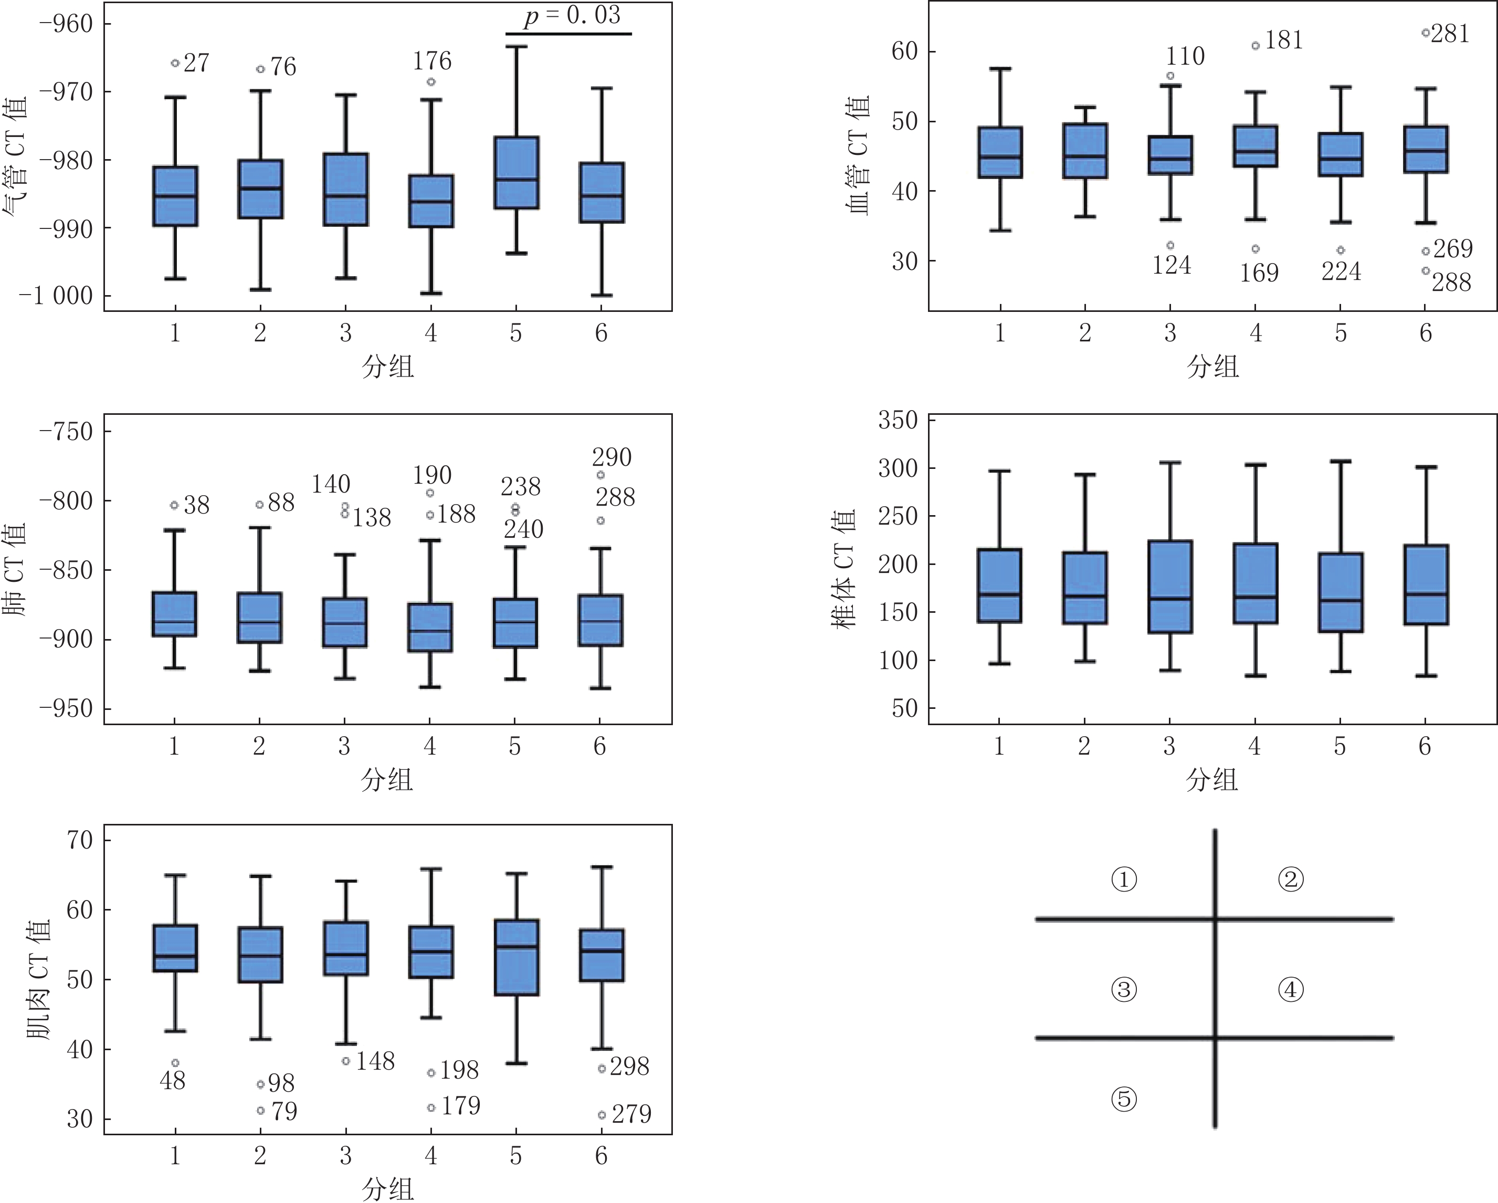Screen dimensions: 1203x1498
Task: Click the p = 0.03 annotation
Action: (572, 15)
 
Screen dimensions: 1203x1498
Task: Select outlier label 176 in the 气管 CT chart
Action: (432, 61)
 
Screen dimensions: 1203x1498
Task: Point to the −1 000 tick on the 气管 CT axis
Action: (56, 296)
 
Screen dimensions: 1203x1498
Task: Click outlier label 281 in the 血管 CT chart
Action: (1450, 34)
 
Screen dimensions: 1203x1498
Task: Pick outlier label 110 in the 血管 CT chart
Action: (1185, 56)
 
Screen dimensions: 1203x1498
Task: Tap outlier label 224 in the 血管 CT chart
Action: (1341, 271)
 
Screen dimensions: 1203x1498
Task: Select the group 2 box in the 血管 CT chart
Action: (1084, 151)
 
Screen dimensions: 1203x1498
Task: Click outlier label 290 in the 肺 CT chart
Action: (611, 457)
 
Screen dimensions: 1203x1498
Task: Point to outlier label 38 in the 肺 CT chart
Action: (197, 505)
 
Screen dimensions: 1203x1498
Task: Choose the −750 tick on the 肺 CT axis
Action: (66, 432)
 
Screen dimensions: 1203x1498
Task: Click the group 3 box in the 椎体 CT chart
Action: (1170, 587)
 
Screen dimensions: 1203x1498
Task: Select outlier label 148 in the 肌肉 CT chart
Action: (375, 1061)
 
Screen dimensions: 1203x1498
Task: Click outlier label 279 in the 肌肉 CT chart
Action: (631, 1114)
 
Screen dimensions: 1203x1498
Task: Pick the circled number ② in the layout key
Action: (1290, 880)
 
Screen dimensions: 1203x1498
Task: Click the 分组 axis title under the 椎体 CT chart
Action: (1212, 780)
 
